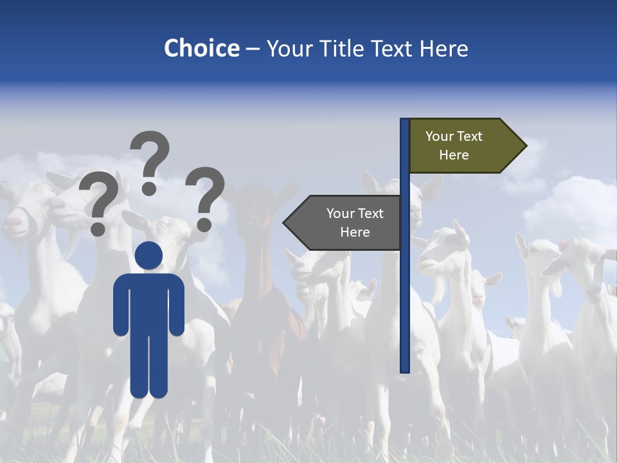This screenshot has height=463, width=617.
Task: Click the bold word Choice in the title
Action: click(x=201, y=48)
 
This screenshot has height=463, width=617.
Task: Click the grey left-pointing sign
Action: click(x=347, y=222)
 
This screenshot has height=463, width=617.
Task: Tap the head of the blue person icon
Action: click(x=149, y=255)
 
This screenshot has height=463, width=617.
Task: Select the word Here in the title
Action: click(x=443, y=48)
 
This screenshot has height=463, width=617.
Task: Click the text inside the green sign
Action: click(x=454, y=145)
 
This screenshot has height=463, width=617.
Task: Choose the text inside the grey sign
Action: click(x=355, y=222)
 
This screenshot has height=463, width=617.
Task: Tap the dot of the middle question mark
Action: click(x=149, y=188)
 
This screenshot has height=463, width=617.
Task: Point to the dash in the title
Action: click(x=253, y=50)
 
